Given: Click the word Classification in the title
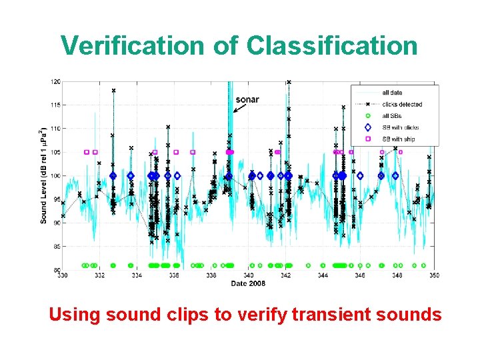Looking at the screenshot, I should click(x=331, y=45).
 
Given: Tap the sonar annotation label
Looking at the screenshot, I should click(x=247, y=100).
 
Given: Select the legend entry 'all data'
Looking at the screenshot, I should click(x=392, y=93).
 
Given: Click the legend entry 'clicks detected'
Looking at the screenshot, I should click(x=401, y=104).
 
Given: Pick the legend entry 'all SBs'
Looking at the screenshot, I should click(x=393, y=116).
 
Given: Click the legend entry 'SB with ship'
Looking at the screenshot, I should click(x=399, y=139).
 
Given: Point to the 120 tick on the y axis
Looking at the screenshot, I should click(x=56, y=81).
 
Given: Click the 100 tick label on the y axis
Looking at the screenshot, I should click(x=56, y=176).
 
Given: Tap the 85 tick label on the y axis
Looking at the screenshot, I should click(x=57, y=247).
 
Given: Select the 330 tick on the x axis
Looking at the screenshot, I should click(x=62, y=275).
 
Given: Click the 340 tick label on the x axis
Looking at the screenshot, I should click(x=248, y=275).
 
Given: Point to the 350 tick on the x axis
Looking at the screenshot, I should click(x=434, y=275).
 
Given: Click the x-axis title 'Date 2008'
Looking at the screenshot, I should click(x=248, y=283).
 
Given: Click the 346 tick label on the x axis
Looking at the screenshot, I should click(x=360, y=275).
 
